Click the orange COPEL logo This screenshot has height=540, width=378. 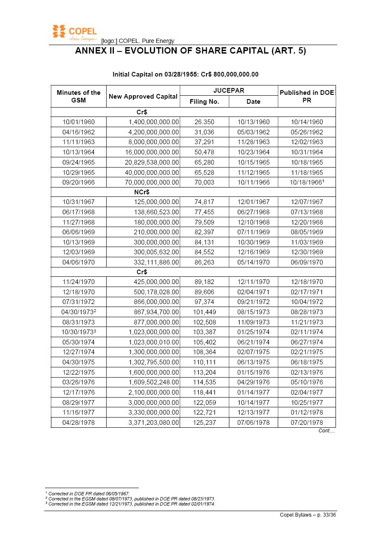click(x=74, y=32)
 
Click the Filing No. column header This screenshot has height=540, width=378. click(x=204, y=102)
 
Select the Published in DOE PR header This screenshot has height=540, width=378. click(x=307, y=97)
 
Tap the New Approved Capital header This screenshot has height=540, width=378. click(x=143, y=97)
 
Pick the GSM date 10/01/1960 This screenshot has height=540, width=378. click(x=79, y=122)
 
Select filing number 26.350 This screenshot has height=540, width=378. click(x=204, y=122)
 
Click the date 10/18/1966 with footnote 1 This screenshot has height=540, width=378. click(x=307, y=182)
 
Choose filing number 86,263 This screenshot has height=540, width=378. click(x=204, y=262)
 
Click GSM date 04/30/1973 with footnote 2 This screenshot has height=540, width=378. click(x=79, y=312)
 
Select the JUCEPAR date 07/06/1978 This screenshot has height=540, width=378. click(x=253, y=423)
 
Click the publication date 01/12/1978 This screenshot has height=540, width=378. click(x=307, y=412)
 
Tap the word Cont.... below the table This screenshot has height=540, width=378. click(x=327, y=431)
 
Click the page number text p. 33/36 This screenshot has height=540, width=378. click(x=325, y=515)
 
